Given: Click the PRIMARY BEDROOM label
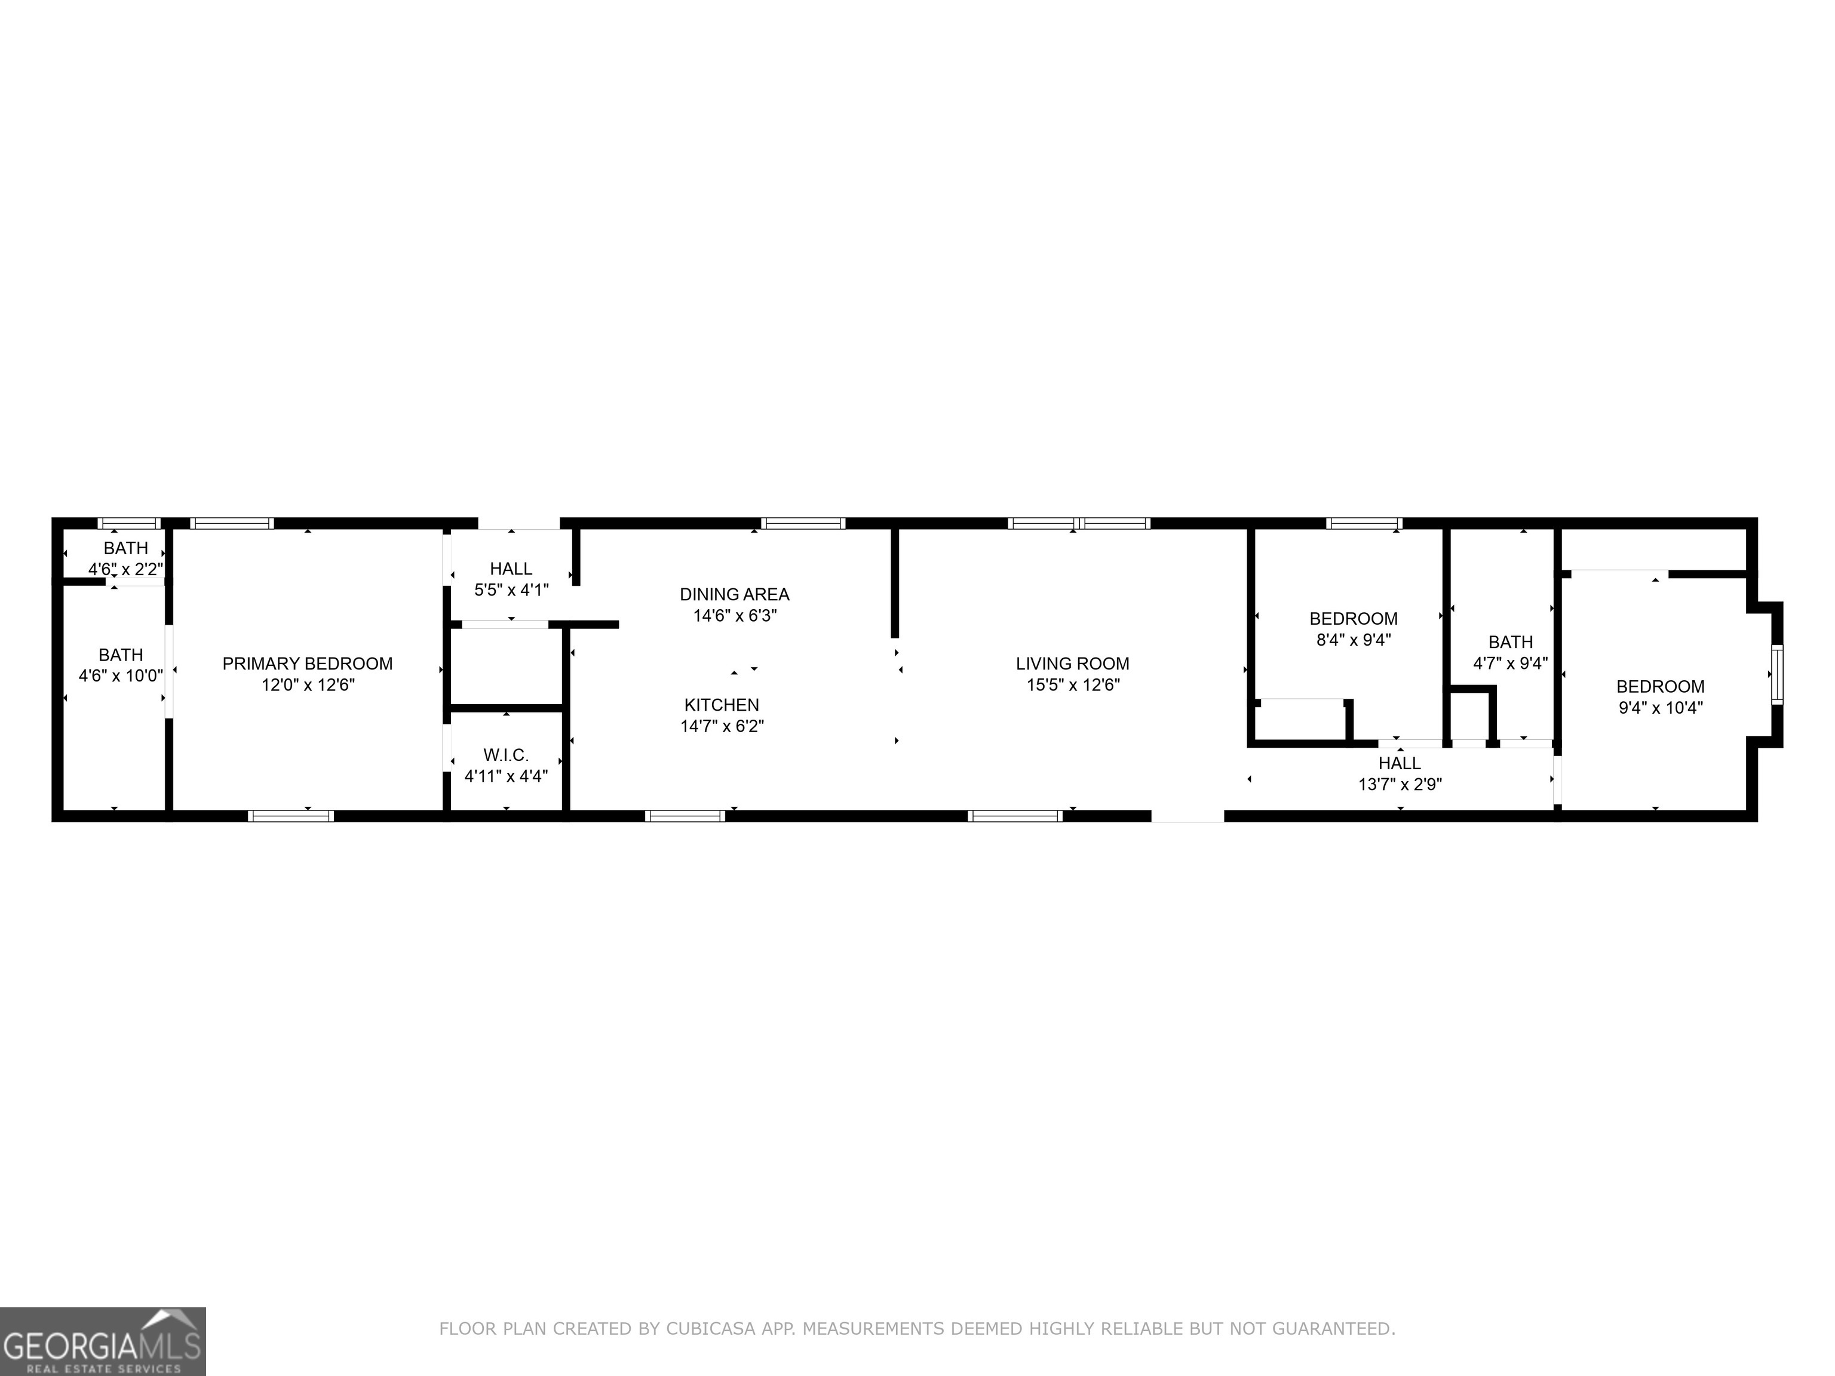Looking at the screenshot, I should tap(307, 664).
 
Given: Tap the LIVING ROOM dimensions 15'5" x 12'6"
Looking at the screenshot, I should tap(1073, 685).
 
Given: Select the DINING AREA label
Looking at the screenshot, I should tap(734, 594).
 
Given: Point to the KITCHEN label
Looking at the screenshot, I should tap(721, 705).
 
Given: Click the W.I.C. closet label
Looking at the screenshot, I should tap(506, 755).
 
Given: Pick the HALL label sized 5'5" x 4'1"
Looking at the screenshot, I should tap(511, 569).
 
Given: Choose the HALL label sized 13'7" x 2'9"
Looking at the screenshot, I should tap(1400, 763).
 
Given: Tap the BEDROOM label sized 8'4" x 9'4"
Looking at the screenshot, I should tap(1353, 619).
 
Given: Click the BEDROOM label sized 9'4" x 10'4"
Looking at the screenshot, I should tap(1660, 687).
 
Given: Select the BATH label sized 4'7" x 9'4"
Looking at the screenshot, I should tap(1510, 642).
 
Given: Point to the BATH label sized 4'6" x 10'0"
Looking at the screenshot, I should tap(121, 655).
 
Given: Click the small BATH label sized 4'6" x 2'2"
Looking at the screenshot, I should tap(126, 548).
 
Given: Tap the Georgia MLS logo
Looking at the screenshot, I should tap(103, 1341).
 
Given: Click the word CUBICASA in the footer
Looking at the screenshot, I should tap(710, 1329).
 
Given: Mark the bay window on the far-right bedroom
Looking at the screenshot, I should tap(1776, 674).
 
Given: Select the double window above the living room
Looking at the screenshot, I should tap(1078, 523).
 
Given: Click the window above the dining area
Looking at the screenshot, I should tap(803, 523).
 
